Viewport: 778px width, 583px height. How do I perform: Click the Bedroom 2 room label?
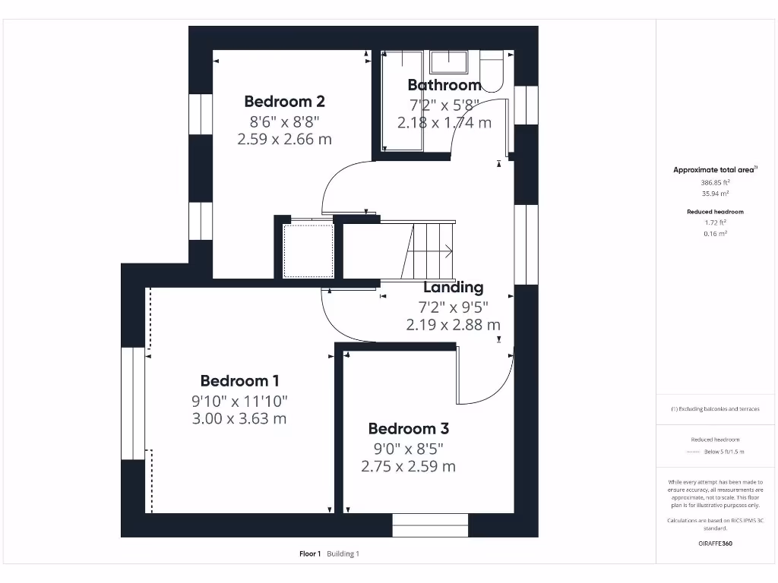tap(285, 101)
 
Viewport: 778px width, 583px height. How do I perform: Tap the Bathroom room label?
tap(444, 85)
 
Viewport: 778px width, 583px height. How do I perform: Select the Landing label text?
tap(453, 288)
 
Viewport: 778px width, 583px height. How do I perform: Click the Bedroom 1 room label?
tap(239, 381)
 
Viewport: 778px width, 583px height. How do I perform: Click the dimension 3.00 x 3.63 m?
tap(239, 418)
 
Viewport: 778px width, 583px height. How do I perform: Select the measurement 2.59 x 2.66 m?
tap(285, 139)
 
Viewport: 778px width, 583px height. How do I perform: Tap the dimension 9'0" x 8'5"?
tap(408, 448)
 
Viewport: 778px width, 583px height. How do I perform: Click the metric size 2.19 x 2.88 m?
tap(453, 325)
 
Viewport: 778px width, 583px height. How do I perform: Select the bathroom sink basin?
tap(451, 61)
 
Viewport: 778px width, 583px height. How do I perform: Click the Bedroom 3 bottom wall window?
tap(430, 525)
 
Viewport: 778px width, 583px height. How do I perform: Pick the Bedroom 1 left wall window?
tap(133, 403)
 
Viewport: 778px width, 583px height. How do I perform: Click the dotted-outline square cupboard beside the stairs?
tap(308, 251)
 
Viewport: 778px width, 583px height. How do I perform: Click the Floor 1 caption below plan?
tap(310, 554)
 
